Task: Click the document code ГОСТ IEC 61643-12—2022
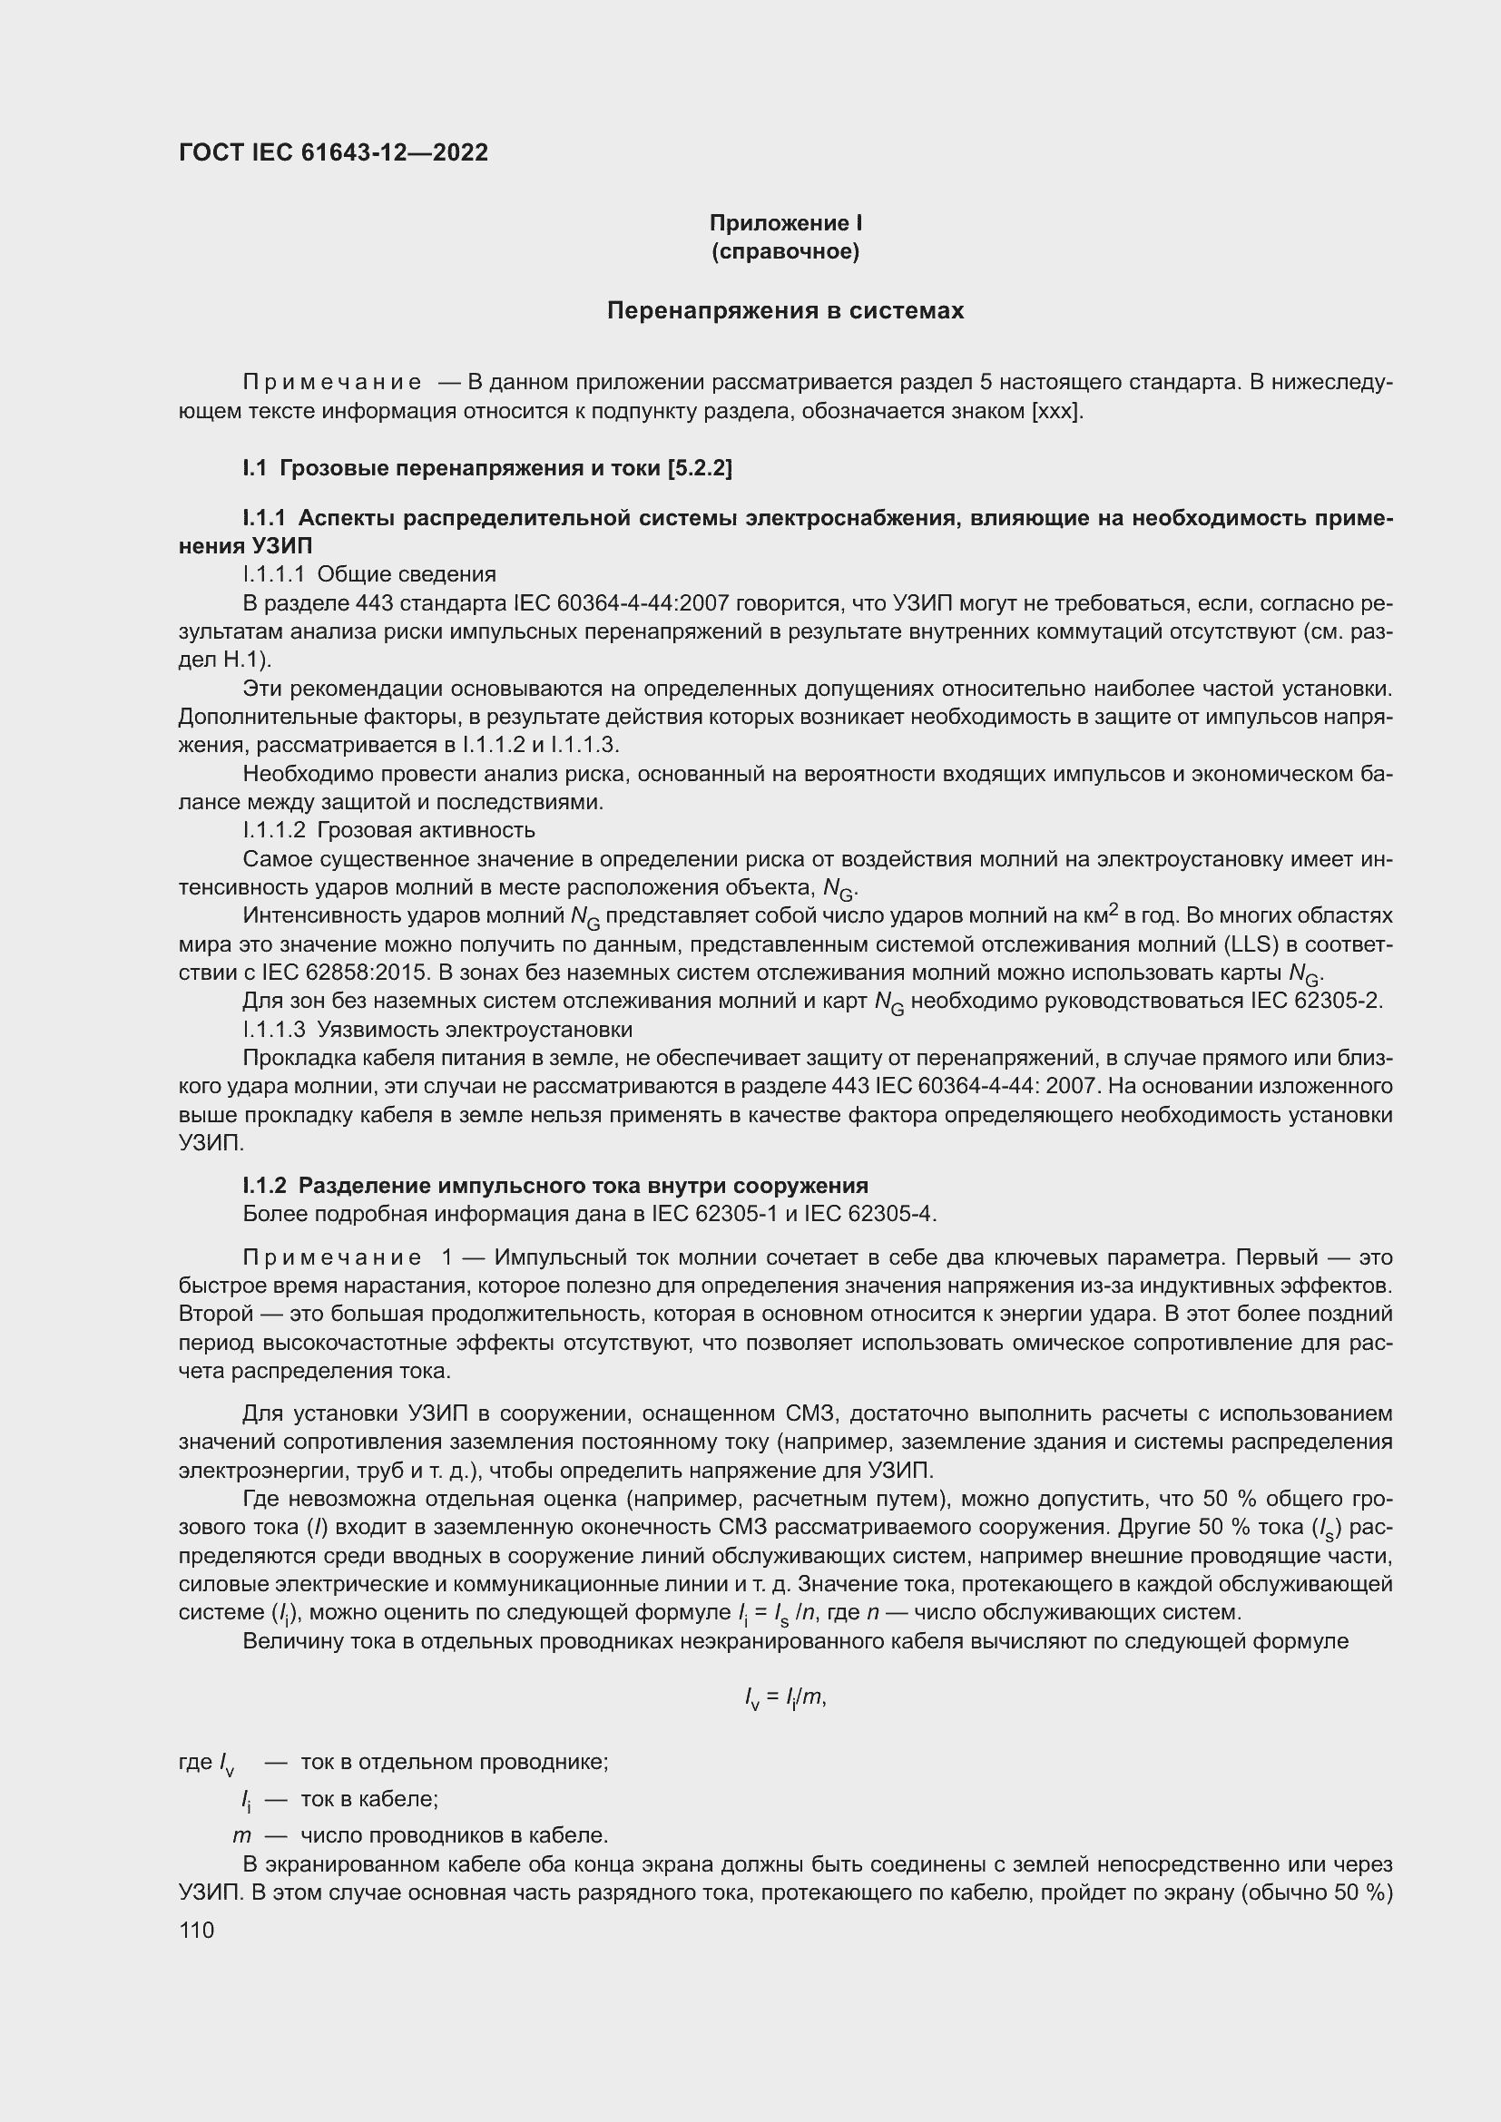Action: pyautogui.click(x=333, y=152)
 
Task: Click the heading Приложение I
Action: pyautogui.click(x=785, y=223)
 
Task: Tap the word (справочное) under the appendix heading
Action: pyautogui.click(x=785, y=251)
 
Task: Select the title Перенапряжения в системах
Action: pyautogui.click(x=785, y=310)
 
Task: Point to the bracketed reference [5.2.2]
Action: pyautogui.click(x=699, y=468)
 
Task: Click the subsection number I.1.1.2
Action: pyautogui.click(x=273, y=830)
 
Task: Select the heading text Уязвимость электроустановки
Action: pyautogui.click(x=474, y=1030)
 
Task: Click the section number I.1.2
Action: pyautogui.click(x=265, y=1186)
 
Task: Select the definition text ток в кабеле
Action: pyautogui.click(x=368, y=1799)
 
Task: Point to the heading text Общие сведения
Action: pyautogui.click(x=406, y=575)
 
